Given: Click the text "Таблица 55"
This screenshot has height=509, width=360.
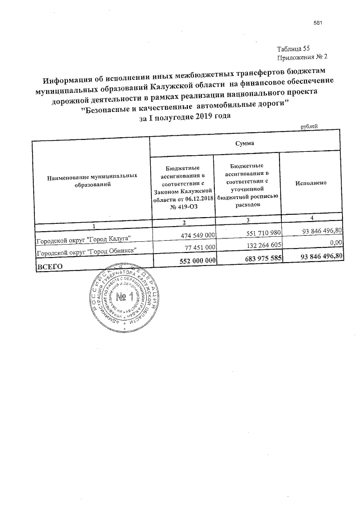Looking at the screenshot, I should (x=294, y=49).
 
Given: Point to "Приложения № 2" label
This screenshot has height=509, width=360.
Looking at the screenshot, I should (x=301, y=57).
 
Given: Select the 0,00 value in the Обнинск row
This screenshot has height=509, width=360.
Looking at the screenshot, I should (x=336, y=242).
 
